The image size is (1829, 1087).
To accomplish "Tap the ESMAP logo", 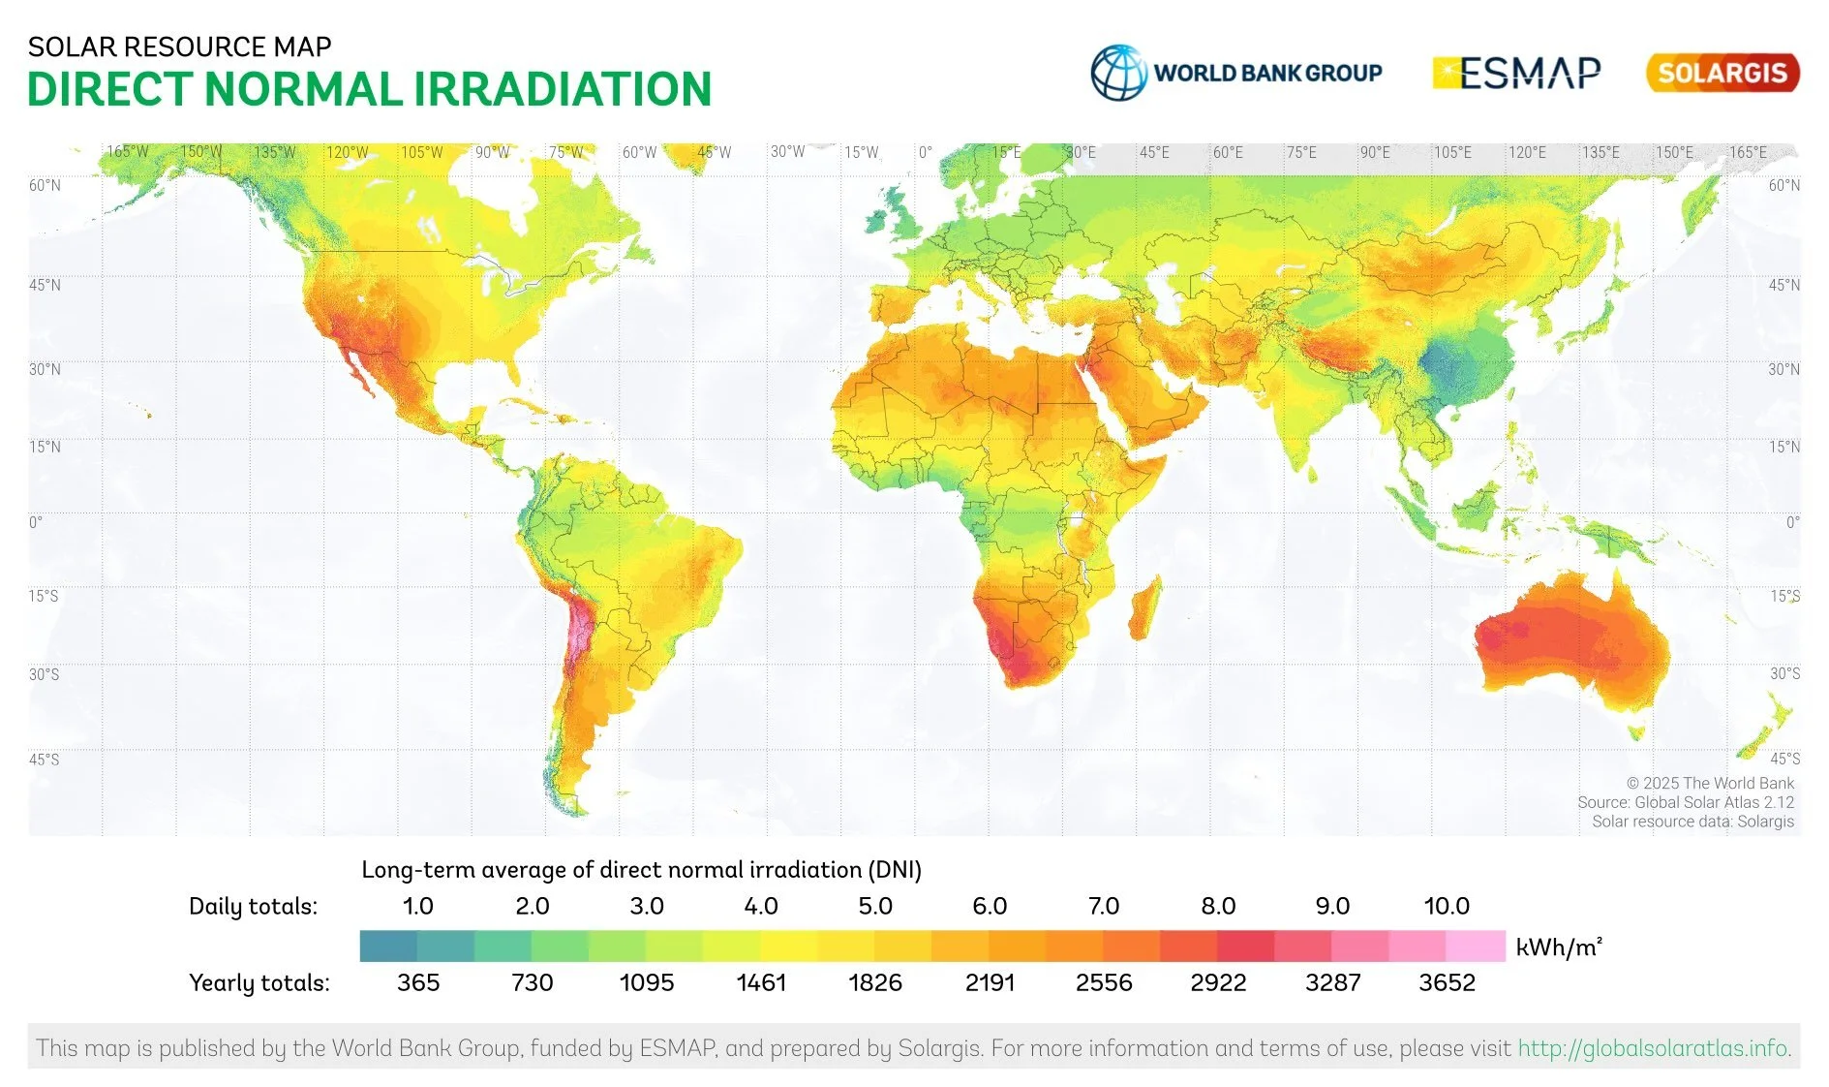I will click(1516, 73).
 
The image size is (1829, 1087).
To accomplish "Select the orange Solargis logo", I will click(1722, 73).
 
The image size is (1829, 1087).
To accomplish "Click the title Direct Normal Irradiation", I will click(369, 89).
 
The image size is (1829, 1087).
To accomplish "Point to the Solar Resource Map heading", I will click(179, 47).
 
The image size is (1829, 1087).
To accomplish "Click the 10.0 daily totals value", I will click(1446, 906).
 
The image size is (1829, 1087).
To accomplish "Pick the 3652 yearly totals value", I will click(1446, 982).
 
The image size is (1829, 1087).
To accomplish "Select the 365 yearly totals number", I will click(417, 982).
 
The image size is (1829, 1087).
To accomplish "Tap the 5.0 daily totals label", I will click(874, 906).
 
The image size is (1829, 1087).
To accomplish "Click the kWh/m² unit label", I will click(1558, 947).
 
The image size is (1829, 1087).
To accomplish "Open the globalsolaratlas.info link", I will click(1653, 1047).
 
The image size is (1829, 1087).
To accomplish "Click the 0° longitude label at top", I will click(925, 152).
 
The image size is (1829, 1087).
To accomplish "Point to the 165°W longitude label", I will click(127, 152).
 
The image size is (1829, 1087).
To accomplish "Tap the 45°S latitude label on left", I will click(44, 759).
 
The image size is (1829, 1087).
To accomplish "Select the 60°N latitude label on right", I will click(1783, 185).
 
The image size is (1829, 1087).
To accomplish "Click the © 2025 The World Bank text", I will click(1709, 783).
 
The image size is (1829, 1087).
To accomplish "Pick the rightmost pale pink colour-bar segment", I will click(1476, 946).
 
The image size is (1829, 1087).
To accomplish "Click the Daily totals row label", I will click(253, 906).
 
